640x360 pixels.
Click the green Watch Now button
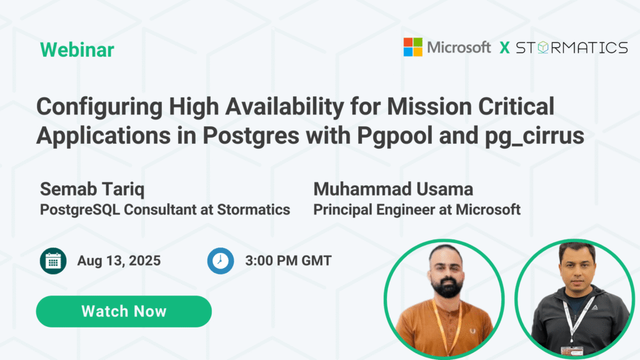[x=124, y=311]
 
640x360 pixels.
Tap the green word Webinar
[x=77, y=50]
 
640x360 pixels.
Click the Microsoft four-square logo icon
[x=412, y=47]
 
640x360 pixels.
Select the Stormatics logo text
[x=572, y=47]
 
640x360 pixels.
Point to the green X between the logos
[x=504, y=47]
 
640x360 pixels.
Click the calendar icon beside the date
[x=53, y=261]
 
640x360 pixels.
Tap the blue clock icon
[x=221, y=261]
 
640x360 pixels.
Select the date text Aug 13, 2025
[x=119, y=261]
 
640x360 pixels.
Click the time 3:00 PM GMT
[x=288, y=261]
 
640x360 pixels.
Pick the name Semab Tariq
[x=92, y=189]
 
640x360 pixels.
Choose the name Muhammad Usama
[x=393, y=189]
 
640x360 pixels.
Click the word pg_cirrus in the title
[x=535, y=136]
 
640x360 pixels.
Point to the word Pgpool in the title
[x=395, y=136]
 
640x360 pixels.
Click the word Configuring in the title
[x=99, y=107]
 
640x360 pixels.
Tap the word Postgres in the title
[x=251, y=136]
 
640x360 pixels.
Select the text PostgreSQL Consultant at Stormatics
[x=165, y=210]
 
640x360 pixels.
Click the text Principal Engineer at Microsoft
[x=417, y=210]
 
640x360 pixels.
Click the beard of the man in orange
[x=447, y=286]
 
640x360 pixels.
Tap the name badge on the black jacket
[x=572, y=351]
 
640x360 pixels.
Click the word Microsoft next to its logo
[x=459, y=47]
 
